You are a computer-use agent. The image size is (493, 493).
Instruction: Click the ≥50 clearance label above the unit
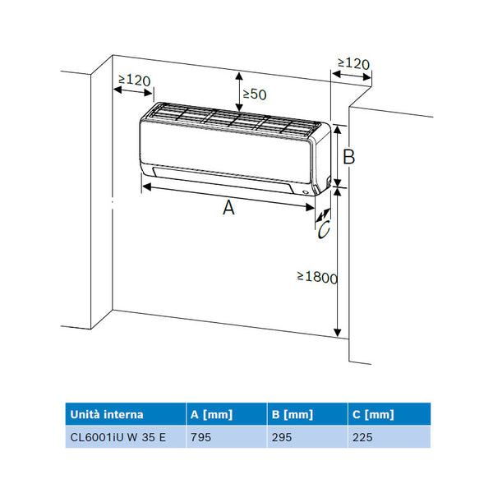point(255,94)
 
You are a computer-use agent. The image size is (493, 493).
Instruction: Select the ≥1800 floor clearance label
point(317,278)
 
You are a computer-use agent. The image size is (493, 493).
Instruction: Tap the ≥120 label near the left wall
point(134,81)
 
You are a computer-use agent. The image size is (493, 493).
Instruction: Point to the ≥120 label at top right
point(353,63)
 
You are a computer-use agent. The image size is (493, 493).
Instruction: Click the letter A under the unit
point(228,208)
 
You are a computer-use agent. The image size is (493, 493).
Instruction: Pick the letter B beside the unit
point(348,157)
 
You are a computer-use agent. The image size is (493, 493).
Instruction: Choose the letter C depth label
point(324,229)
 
